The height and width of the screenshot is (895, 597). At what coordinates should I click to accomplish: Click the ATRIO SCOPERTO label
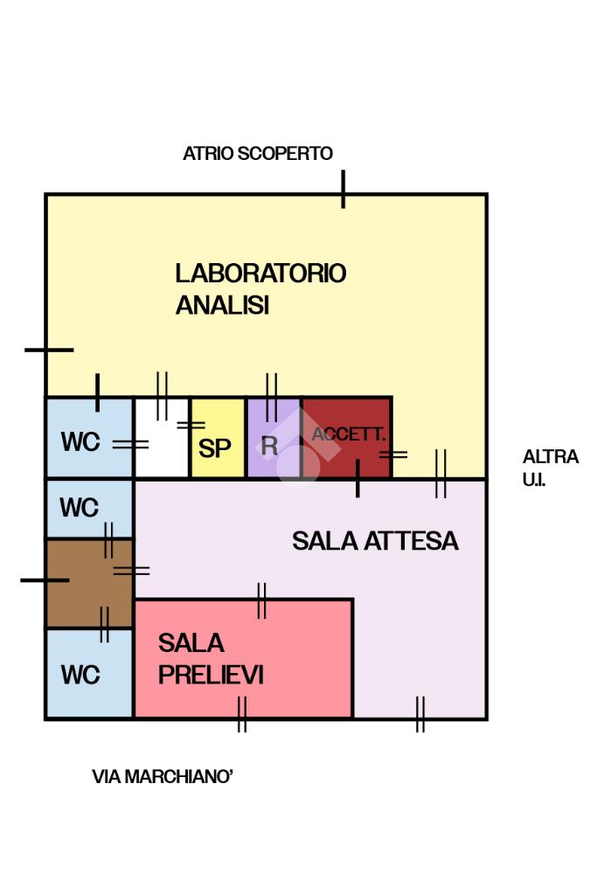[x=257, y=154]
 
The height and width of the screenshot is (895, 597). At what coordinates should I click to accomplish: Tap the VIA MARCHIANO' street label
[x=163, y=777]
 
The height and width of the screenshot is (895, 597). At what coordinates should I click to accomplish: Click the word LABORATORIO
[x=260, y=274]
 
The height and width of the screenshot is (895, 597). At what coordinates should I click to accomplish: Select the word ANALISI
[x=222, y=305]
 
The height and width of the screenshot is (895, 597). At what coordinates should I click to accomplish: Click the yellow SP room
[x=218, y=438]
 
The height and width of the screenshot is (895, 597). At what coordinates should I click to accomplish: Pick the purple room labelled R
[x=274, y=438]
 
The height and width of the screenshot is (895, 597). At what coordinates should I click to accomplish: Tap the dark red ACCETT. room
[x=346, y=438]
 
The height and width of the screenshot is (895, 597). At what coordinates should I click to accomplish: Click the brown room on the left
[x=90, y=583]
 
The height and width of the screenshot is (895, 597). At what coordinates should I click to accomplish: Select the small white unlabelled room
[x=162, y=438]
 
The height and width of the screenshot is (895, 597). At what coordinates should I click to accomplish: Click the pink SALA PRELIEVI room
[x=243, y=659]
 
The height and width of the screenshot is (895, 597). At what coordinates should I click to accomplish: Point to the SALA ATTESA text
[x=375, y=541]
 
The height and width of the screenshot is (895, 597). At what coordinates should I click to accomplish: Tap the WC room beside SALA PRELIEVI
[x=90, y=674]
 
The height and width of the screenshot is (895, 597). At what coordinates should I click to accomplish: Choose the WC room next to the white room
[x=90, y=438]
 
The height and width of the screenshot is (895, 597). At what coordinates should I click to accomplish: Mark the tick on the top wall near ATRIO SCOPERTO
[x=343, y=189]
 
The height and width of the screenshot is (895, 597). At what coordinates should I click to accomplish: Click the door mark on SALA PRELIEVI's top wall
[x=261, y=600]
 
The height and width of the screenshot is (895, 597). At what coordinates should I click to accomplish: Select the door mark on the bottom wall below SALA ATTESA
[x=420, y=714]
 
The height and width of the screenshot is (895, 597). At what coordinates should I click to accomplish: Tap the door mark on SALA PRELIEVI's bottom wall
[x=242, y=714]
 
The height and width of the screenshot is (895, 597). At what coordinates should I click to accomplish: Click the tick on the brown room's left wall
[x=45, y=580]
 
